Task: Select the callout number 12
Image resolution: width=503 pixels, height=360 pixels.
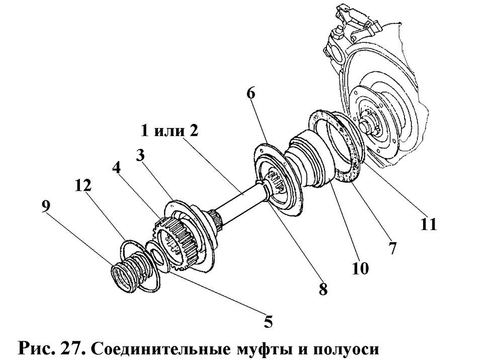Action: point(83,186)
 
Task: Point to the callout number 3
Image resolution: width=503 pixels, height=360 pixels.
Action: point(143,155)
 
